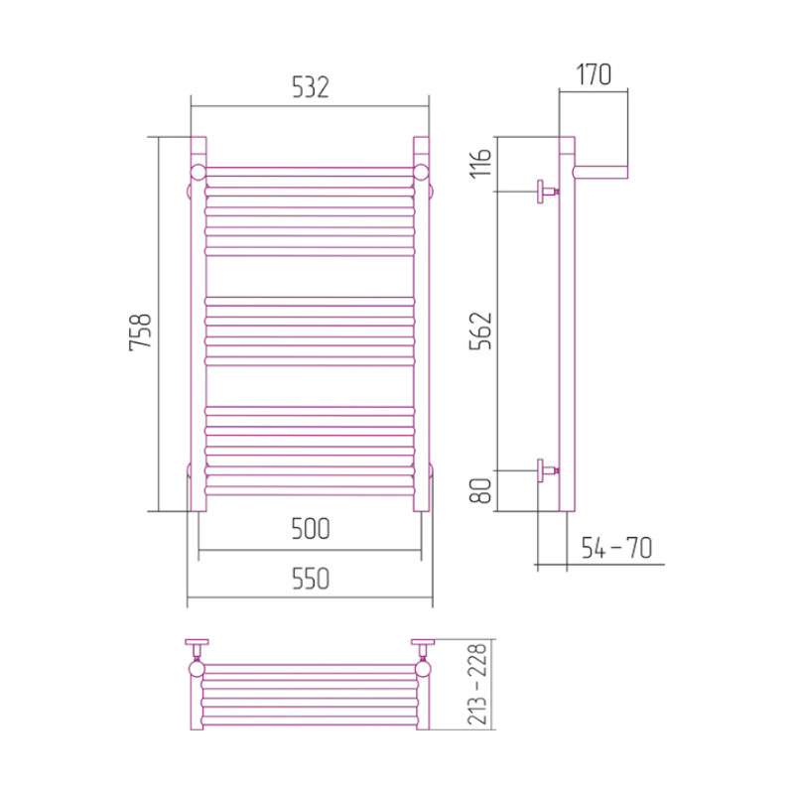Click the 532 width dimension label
[x=311, y=87]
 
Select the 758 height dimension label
[x=140, y=331]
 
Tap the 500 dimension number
[x=311, y=529]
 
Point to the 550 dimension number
[x=311, y=579]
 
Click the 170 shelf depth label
[x=594, y=74]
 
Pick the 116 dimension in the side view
[x=480, y=163]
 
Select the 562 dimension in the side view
[x=480, y=331]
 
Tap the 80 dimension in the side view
[x=480, y=490]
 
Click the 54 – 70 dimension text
[x=616, y=548]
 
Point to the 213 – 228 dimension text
[x=477, y=684]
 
